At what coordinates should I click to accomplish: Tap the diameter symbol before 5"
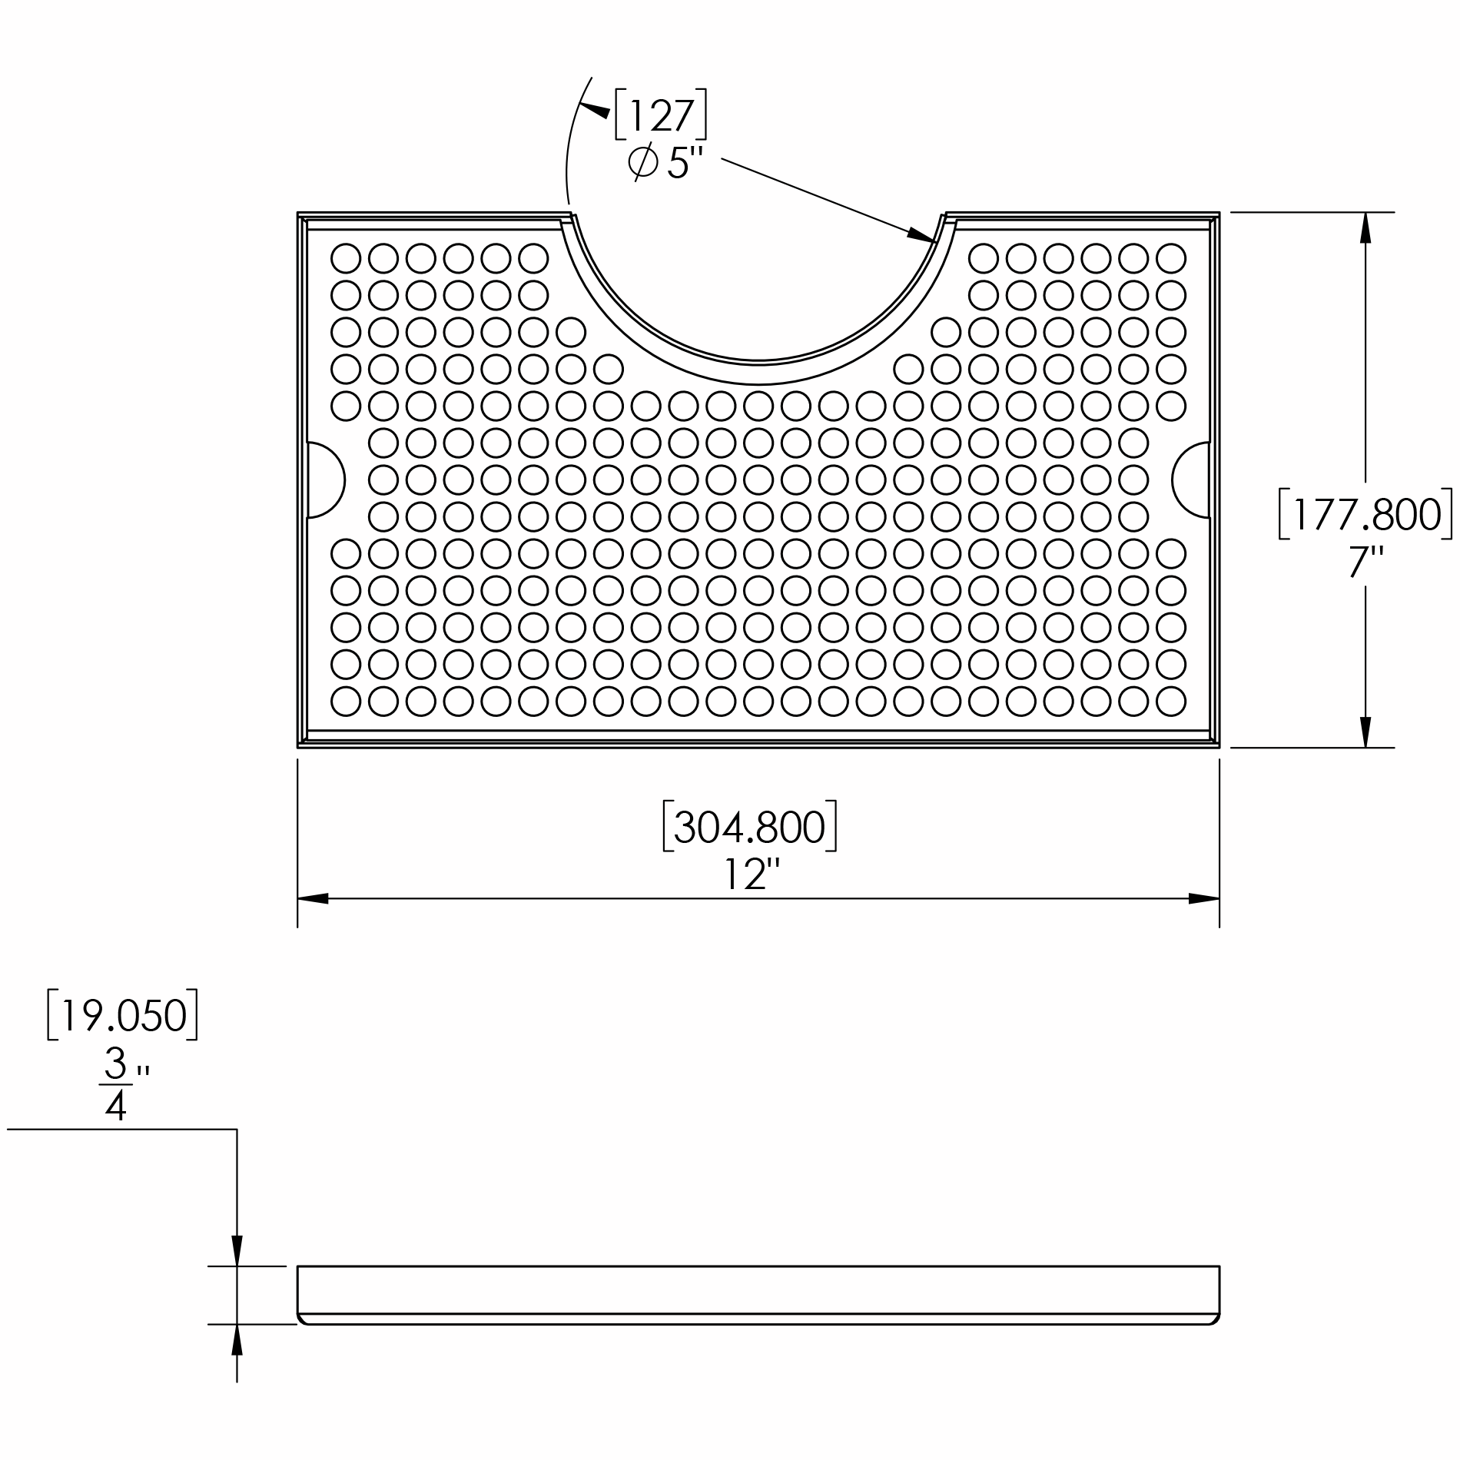click(642, 162)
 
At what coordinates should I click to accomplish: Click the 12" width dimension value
click(752, 874)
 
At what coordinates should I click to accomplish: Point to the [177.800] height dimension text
click(1365, 514)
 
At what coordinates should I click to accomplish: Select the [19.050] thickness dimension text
click(123, 1016)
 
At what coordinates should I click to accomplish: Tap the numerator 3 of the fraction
click(115, 1063)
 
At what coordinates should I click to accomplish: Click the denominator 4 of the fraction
click(115, 1107)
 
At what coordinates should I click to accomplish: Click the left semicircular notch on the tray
click(324, 480)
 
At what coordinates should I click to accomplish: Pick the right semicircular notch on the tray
click(1191, 480)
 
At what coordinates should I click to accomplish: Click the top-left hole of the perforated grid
click(346, 258)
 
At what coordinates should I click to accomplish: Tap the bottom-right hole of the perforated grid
click(1170, 701)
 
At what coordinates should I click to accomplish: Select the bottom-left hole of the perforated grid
click(346, 701)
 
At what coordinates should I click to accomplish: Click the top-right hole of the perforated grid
click(1170, 258)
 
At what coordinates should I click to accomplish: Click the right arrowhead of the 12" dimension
click(1203, 898)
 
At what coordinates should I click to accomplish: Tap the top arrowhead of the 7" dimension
click(1365, 227)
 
